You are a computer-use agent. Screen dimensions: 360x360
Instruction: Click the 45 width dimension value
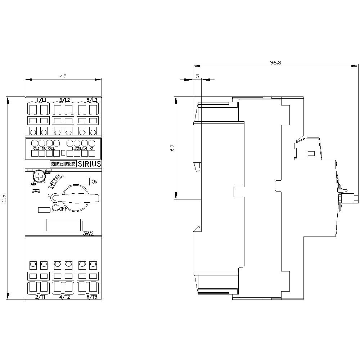pos(63,76)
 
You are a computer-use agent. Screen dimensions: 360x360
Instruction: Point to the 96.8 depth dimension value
pos(275,62)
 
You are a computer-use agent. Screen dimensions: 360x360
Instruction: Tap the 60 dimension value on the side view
pos(172,148)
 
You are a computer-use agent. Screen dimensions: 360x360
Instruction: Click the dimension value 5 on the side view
pos(197,76)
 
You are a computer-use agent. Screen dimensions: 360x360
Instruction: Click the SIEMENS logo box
pos(63,164)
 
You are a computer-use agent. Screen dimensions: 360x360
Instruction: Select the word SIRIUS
pos(89,164)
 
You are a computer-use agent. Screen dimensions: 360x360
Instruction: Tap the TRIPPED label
pos(54,181)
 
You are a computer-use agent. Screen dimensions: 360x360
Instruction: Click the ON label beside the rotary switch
pos(94,181)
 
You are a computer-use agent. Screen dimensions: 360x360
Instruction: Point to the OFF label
pos(63,208)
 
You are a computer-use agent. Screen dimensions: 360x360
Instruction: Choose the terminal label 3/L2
pos(64,100)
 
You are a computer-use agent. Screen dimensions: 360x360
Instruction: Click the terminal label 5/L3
pos(92,100)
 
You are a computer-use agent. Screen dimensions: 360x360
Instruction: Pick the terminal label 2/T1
pos(40,297)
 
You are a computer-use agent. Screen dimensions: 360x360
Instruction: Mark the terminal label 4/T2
pos(64,297)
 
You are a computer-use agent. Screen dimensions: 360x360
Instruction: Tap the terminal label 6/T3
pos(92,297)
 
